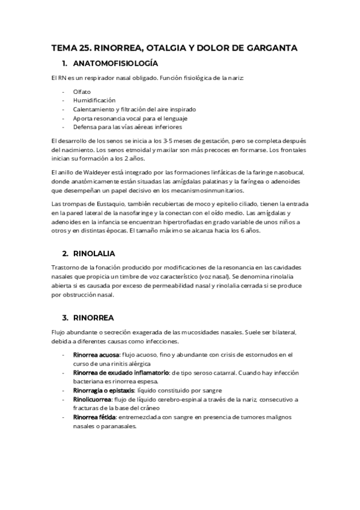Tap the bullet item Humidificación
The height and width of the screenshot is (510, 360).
click(94, 100)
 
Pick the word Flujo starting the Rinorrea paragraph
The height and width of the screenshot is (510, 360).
click(59, 332)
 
